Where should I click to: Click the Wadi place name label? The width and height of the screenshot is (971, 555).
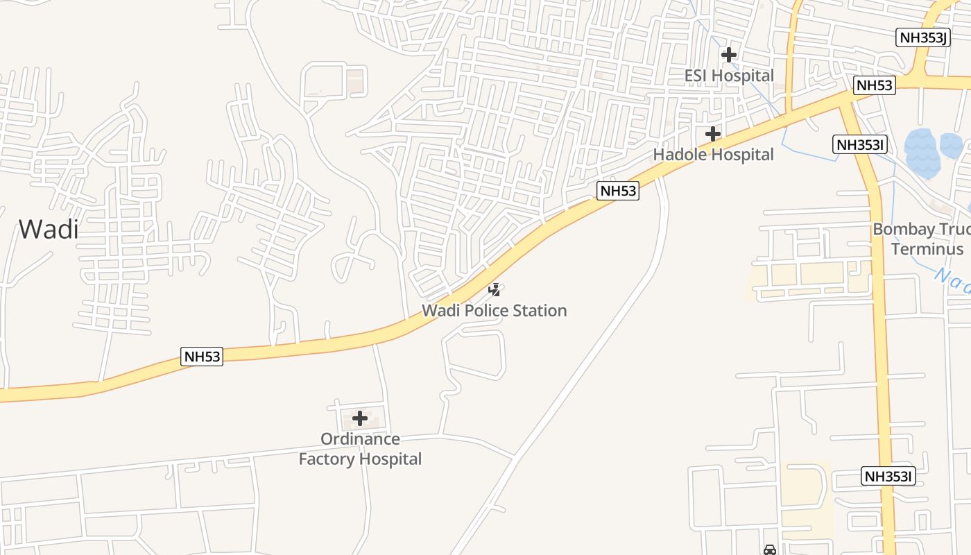point(49,229)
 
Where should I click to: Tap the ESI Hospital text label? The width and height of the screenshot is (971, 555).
point(729,76)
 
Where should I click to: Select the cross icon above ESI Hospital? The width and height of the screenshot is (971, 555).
point(729,54)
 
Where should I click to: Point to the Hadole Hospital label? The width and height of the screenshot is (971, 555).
point(714,155)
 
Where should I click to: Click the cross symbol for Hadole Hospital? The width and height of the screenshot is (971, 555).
point(713,133)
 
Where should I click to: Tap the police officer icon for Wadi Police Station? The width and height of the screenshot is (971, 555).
point(495,289)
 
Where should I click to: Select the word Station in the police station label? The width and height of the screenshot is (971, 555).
point(538,311)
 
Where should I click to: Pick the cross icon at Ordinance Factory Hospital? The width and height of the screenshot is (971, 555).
point(360,418)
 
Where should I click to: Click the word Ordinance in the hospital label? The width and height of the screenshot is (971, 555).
point(360,439)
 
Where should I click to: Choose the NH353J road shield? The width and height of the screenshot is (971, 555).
point(923,37)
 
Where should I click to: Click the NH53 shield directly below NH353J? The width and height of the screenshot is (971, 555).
point(875,85)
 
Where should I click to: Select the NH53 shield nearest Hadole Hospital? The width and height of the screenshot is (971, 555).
point(618,191)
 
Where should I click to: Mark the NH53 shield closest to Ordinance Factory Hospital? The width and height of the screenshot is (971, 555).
point(203,357)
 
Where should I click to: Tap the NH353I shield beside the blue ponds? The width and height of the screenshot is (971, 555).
point(860,144)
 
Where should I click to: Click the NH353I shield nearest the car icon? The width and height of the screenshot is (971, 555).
point(889,477)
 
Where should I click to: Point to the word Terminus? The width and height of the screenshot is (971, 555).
point(927,249)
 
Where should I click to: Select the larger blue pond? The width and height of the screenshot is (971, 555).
point(922,153)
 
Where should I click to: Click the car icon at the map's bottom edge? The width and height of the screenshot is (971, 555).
point(769,550)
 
